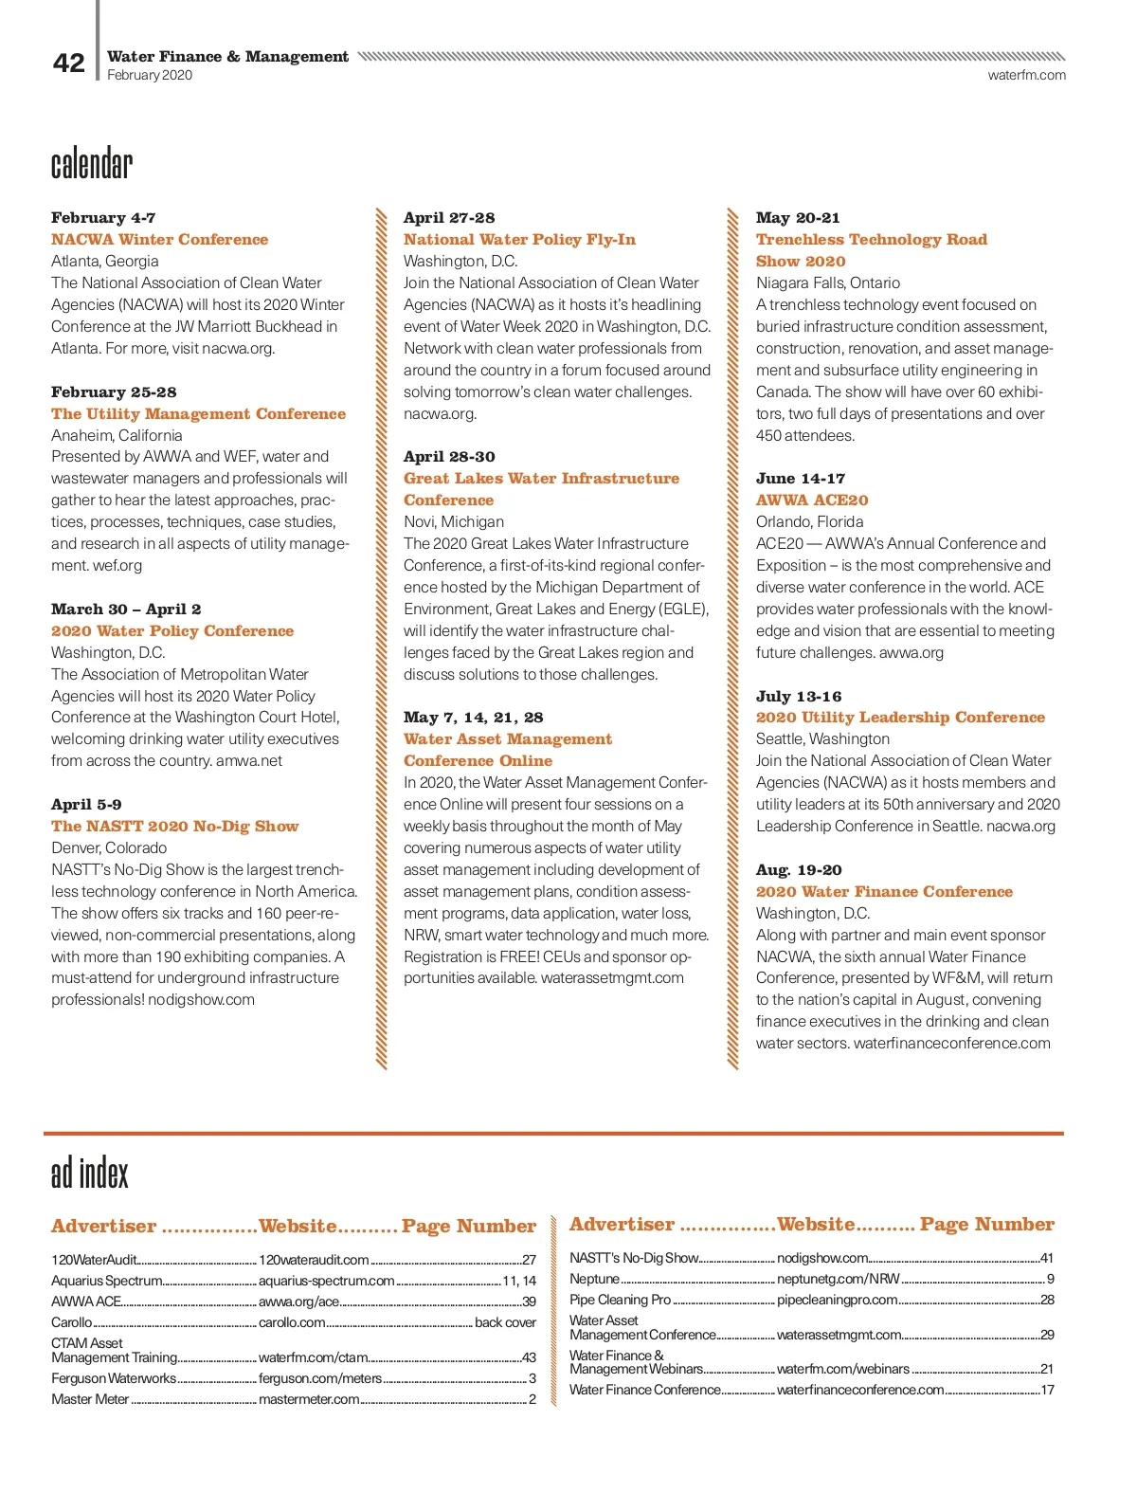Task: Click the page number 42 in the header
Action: pos(68,63)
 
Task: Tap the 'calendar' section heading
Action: pos(92,164)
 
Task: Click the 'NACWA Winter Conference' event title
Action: pos(159,240)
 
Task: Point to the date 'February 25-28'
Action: pos(114,391)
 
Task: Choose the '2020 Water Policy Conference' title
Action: pos(172,631)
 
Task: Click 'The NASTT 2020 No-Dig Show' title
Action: pos(174,827)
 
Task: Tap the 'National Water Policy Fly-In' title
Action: pos(519,240)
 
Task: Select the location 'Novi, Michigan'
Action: pos(454,522)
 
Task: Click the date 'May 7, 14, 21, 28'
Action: pos(474,718)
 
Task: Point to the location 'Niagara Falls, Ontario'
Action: pos(828,283)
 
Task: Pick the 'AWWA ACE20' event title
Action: pos(812,501)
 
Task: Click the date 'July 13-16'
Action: pos(799,697)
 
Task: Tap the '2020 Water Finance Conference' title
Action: pos(884,892)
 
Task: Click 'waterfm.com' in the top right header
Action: pos(1026,75)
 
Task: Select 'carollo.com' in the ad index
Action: pos(292,1322)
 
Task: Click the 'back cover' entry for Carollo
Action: pos(505,1322)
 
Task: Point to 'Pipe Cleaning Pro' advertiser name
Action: pos(620,1300)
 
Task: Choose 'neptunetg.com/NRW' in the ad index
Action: pos(839,1279)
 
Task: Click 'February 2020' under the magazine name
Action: pos(150,75)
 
